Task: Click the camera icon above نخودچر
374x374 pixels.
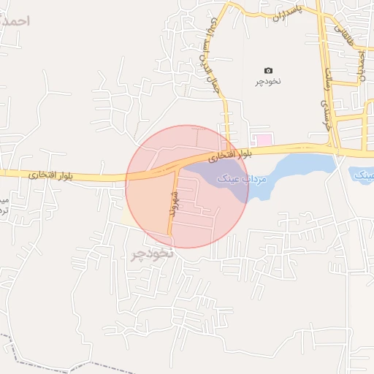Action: coord(268,70)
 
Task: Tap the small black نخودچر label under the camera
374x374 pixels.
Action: coord(268,82)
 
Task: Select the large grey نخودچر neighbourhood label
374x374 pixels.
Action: coord(151,254)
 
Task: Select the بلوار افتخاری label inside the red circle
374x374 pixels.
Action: coord(229,155)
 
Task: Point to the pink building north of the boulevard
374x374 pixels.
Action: coord(262,139)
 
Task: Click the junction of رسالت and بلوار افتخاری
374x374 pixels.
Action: coord(335,150)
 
